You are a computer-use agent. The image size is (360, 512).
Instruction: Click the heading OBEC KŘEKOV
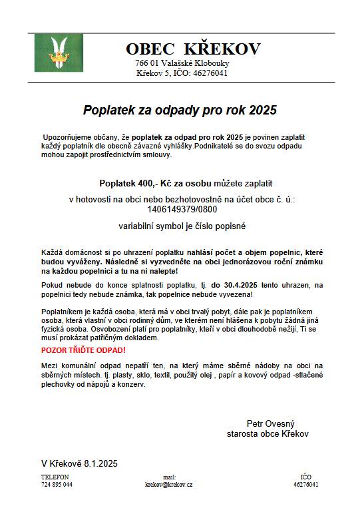click(x=193, y=49)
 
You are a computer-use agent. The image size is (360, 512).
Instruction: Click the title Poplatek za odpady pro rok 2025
click(x=179, y=109)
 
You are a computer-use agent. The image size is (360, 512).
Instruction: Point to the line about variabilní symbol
click(x=182, y=226)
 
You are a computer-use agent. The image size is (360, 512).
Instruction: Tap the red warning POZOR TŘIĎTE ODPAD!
click(x=83, y=350)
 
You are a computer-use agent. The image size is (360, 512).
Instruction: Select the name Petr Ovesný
click(x=270, y=423)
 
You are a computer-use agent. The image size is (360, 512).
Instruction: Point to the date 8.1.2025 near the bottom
click(x=101, y=463)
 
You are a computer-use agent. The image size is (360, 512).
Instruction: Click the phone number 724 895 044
click(x=57, y=485)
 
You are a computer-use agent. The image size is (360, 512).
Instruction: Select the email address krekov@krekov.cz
click(x=169, y=485)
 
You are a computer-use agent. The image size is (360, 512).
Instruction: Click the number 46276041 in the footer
click(x=305, y=485)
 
